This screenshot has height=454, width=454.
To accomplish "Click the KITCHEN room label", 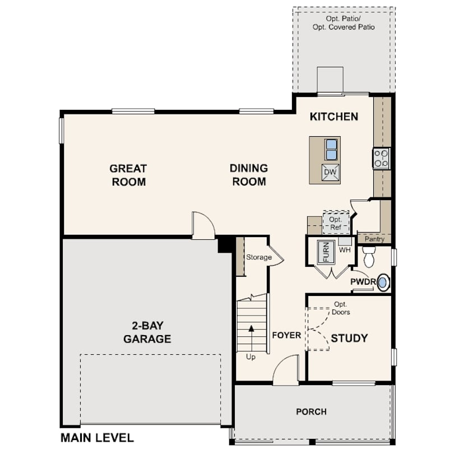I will tap(334, 117).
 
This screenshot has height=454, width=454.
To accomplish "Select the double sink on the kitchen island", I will tap(331, 150).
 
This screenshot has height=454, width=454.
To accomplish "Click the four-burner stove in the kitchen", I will tap(382, 159).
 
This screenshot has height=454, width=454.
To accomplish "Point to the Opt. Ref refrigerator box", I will tap(336, 223).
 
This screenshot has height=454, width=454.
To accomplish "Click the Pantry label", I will tap(374, 239).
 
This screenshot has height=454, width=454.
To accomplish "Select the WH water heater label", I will tap(345, 249).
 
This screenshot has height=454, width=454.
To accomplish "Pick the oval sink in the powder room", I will tap(383, 282).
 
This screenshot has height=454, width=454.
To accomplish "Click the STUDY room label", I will tap(349, 338).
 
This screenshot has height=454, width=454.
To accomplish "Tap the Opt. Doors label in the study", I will tap(341, 308).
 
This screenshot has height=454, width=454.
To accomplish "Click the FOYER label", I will tap(286, 335).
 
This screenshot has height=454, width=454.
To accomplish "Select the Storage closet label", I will tap(258, 257).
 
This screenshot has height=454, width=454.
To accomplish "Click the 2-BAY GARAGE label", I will tap(147, 332).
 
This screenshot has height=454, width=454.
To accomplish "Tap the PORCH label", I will tap(311, 411).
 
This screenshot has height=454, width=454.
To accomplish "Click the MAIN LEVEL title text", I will tap(97, 438).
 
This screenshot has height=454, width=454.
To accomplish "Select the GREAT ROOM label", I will tap(128, 175).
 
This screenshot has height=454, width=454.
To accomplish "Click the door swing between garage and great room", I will tap(203, 225).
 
